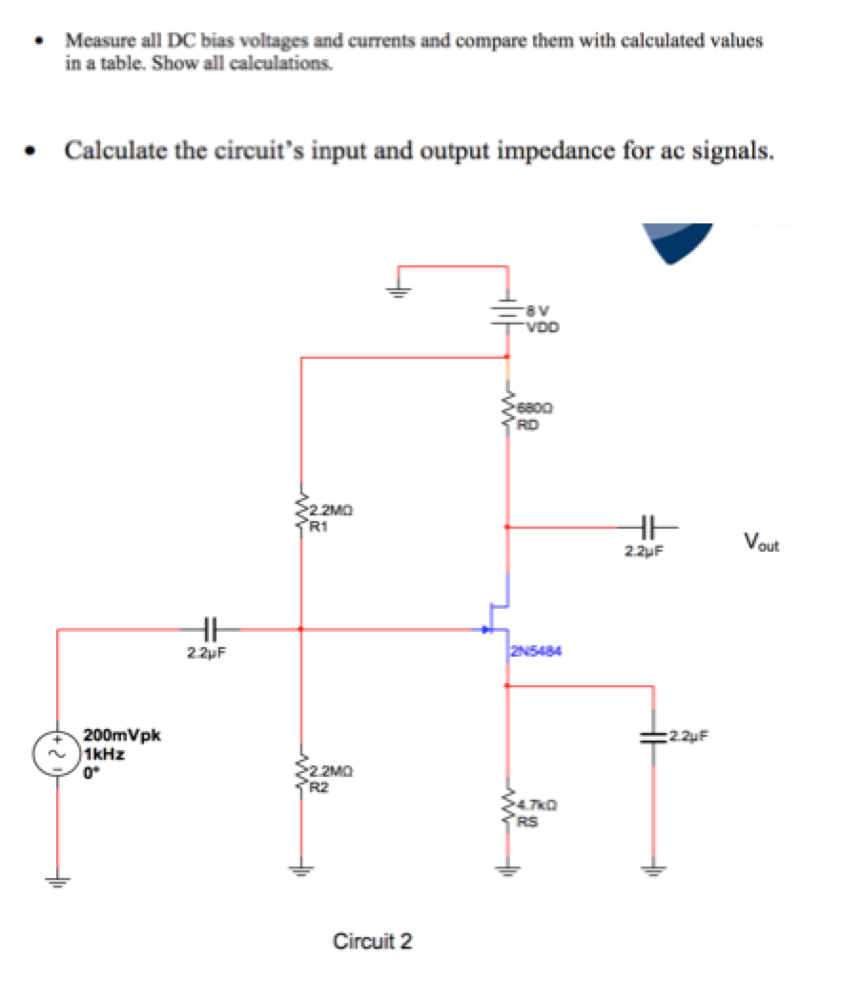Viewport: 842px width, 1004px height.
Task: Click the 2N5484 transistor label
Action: pyautogui.click(x=537, y=653)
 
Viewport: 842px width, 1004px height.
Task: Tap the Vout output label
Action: pyautogui.click(x=762, y=545)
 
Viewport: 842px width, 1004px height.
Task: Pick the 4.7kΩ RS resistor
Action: pyautogui.click(x=506, y=810)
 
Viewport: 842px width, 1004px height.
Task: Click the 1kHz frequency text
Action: pyautogui.click(x=104, y=753)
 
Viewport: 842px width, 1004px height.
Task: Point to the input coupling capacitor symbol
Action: pyautogui.click(x=211, y=629)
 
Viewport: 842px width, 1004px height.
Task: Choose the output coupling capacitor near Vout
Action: pyautogui.click(x=648, y=525)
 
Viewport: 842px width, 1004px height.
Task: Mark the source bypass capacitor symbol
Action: pyautogui.click(x=653, y=736)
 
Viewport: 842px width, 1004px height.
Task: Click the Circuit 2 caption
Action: pyautogui.click(x=373, y=942)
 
